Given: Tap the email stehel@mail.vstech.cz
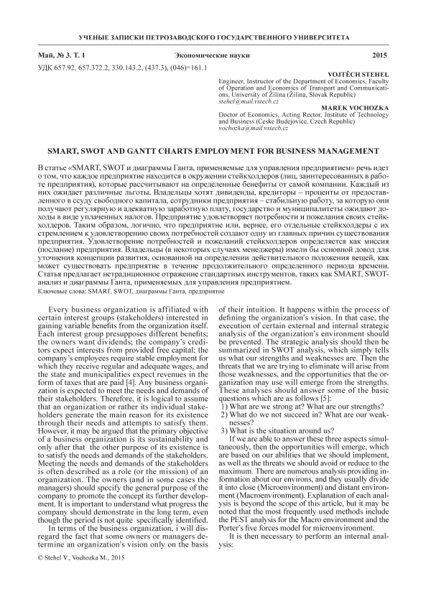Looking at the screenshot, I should pyautogui.click(x=248, y=102).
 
